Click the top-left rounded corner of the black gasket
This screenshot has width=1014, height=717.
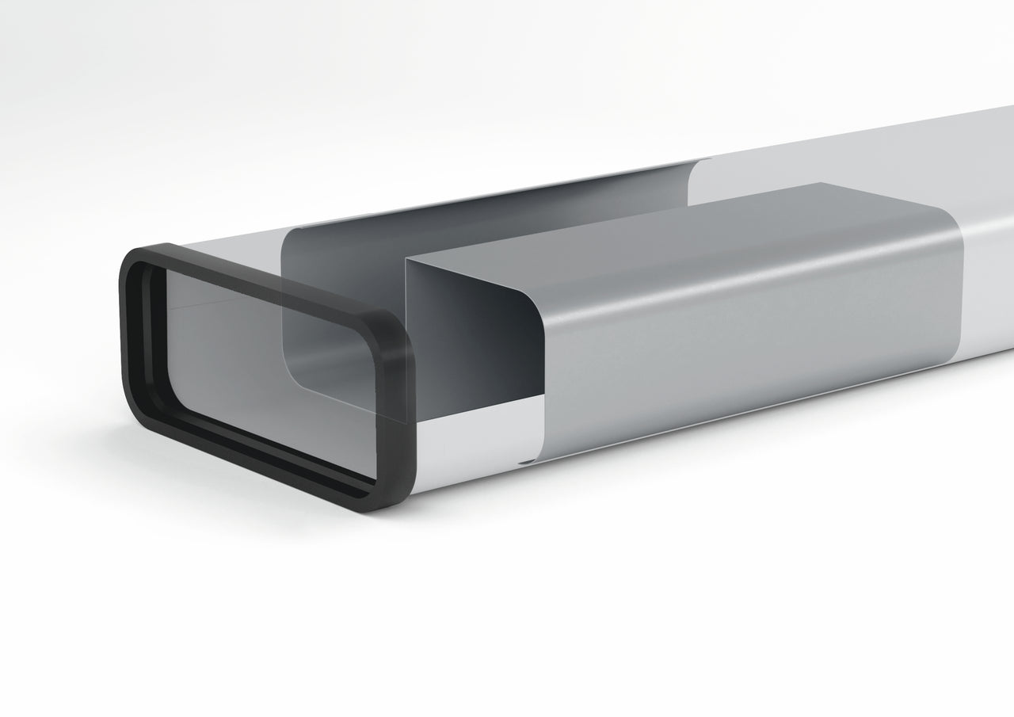click(x=135, y=257)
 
